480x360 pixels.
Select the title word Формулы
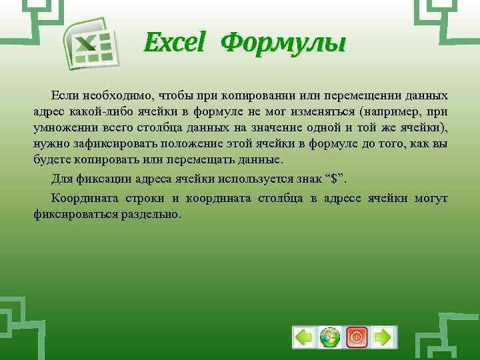click(x=283, y=44)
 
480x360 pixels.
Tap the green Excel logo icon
click(x=90, y=44)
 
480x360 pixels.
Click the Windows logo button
click(x=330, y=337)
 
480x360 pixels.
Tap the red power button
click(x=357, y=337)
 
